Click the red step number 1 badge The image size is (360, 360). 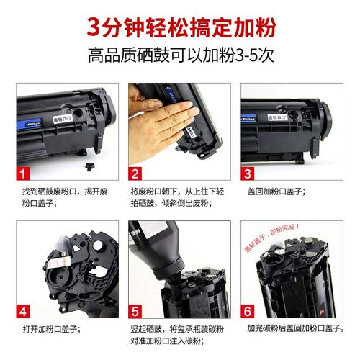point(23,174)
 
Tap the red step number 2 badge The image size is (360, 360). point(136,174)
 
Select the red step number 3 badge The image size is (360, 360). point(248,174)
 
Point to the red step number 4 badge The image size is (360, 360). point(23,312)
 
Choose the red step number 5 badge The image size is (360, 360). point(136,312)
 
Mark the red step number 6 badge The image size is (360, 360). point(248,312)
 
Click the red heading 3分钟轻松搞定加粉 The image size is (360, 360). point(179,27)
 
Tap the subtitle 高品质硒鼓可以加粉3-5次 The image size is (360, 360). point(179,55)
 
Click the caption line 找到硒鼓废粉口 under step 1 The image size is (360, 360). point(63,192)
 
